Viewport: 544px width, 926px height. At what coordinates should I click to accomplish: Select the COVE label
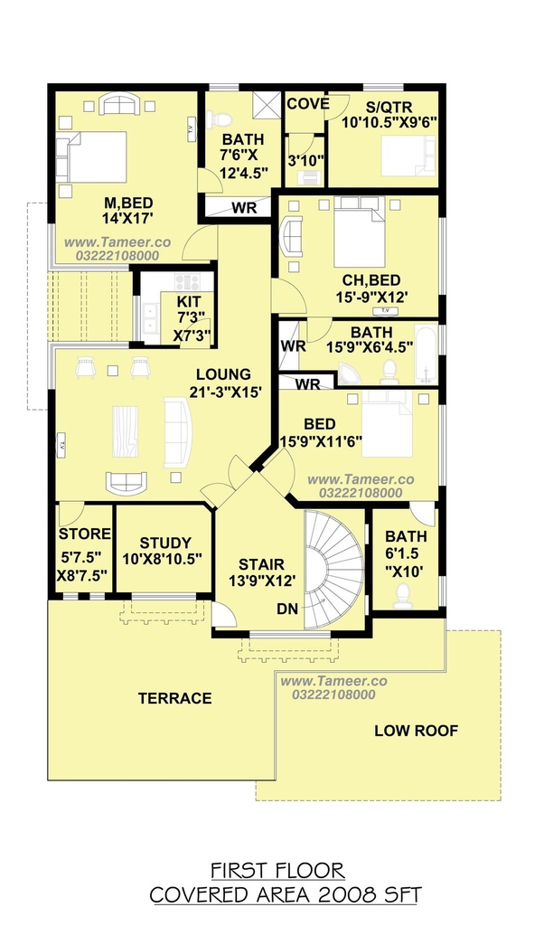pos(308,104)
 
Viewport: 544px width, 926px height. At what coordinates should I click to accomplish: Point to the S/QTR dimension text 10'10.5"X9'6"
pos(389,122)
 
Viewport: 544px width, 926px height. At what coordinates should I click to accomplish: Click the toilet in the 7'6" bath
pos(220,120)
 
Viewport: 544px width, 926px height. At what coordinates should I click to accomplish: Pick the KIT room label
pos(188,302)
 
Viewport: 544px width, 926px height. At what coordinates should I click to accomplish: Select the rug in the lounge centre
pos(125,431)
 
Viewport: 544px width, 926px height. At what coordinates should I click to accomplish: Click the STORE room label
pos(85,534)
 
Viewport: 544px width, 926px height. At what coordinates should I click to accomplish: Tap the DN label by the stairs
pos(287,609)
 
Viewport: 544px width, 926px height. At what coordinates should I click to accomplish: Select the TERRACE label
pos(174,699)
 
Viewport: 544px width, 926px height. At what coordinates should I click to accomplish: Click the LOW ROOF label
pos(416,731)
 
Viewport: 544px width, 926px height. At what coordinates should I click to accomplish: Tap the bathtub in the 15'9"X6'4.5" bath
pos(426,354)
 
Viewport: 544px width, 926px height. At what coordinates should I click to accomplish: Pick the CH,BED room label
pos(371,280)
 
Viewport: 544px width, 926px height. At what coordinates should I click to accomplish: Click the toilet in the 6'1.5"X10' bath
pos(403,596)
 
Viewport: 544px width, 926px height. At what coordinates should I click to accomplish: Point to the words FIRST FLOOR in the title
pos(278,871)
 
